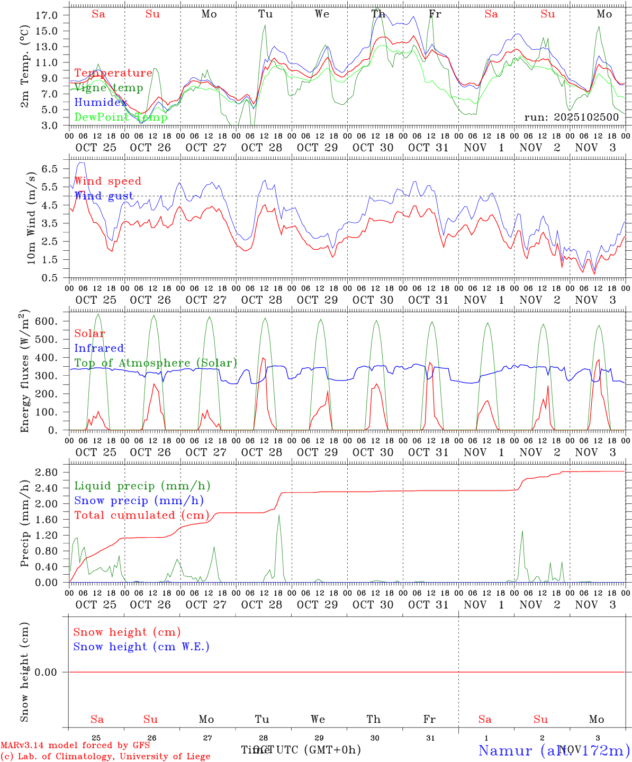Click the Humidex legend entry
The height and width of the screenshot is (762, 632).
[101, 103]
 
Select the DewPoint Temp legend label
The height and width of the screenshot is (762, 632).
[121, 117]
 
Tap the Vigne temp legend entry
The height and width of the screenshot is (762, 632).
[109, 88]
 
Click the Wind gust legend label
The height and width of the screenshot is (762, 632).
[104, 196]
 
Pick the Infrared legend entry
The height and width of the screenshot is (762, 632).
[99, 348]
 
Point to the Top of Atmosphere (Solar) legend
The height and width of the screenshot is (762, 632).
[156, 363]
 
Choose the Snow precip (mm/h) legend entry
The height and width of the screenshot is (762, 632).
[139, 501]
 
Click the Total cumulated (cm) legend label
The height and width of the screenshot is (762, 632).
[141, 515]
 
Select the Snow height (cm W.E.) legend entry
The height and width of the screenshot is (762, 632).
[141, 647]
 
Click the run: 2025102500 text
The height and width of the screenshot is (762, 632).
[571, 117]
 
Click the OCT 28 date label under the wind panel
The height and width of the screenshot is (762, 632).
[261, 300]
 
